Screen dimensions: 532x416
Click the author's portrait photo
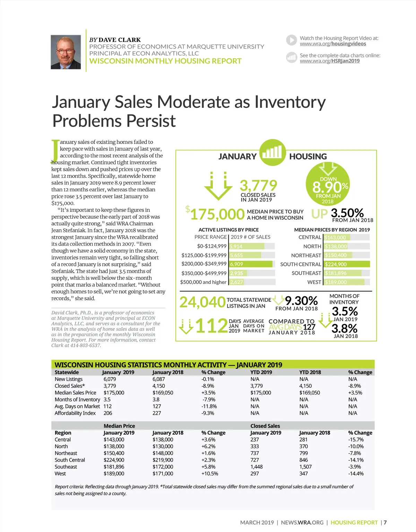click(66, 52)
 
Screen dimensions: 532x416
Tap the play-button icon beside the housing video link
click(292, 40)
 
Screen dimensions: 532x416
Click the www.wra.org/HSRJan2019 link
click(329, 61)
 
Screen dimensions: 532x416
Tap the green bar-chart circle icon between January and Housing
click(272, 152)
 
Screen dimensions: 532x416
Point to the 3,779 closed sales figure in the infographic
click(258, 185)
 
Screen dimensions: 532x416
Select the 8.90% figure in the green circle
click(328, 187)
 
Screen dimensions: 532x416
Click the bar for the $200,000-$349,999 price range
click(251, 264)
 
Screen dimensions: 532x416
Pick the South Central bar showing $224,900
click(347, 264)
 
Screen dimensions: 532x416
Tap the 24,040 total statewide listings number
click(202, 302)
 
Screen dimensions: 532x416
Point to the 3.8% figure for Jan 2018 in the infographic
click(344, 328)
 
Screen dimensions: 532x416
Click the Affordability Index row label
click(75, 413)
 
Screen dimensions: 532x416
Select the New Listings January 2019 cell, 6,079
click(110, 379)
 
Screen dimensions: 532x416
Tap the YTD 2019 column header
click(261, 372)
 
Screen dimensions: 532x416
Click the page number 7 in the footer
click(385, 522)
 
